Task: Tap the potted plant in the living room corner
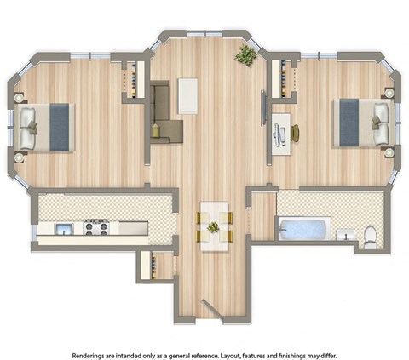[x=246, y=55]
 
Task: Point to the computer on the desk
[x=279, y=134]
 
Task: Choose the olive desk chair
[x=295, y=134]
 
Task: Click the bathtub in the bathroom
[x=303, y=230]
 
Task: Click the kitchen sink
[x=62, y=228]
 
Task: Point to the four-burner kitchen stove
[x=95, y=227]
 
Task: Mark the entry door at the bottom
[x=209, y=308]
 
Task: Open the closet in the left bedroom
[x=135, y=80]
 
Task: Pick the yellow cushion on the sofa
[x=158, y=129]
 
